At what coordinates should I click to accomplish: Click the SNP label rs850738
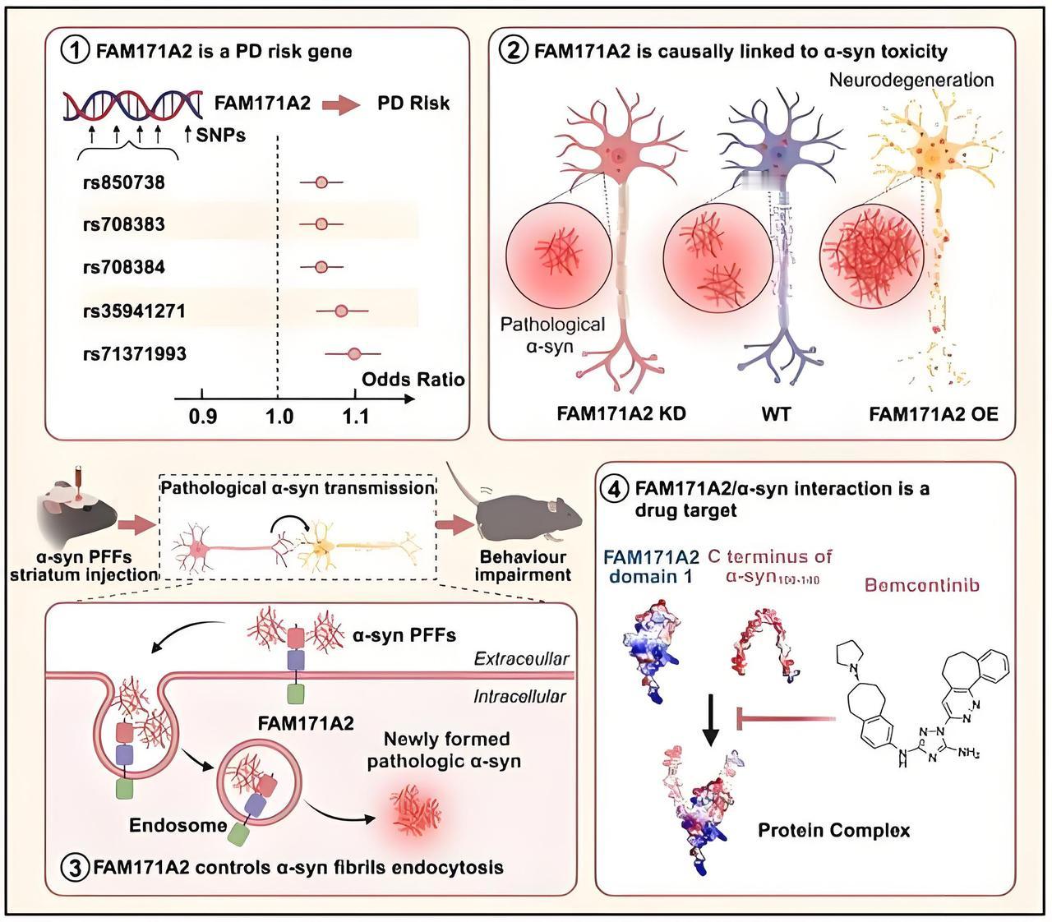pos(123,182)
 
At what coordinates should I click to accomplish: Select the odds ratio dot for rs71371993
pos(354,353)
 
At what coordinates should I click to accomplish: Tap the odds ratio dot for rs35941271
pos(341,311)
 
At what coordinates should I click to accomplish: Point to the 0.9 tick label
pos(202,417)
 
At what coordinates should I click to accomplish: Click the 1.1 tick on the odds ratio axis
pos(355,417)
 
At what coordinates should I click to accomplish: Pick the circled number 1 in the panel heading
pos(75,51)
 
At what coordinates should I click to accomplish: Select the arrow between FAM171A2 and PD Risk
pos(342,104)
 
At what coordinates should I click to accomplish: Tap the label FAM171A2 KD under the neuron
pos(621,413)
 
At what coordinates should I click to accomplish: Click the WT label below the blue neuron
pos(776,413)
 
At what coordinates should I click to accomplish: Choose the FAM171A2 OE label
pos(934,413)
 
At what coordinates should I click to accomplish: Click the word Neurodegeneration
pos(911,81)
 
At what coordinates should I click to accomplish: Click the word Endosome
pos(178,825)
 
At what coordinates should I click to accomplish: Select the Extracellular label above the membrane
pos(521,658)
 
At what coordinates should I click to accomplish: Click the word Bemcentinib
pos(921,585)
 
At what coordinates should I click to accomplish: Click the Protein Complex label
pos(833,830)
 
